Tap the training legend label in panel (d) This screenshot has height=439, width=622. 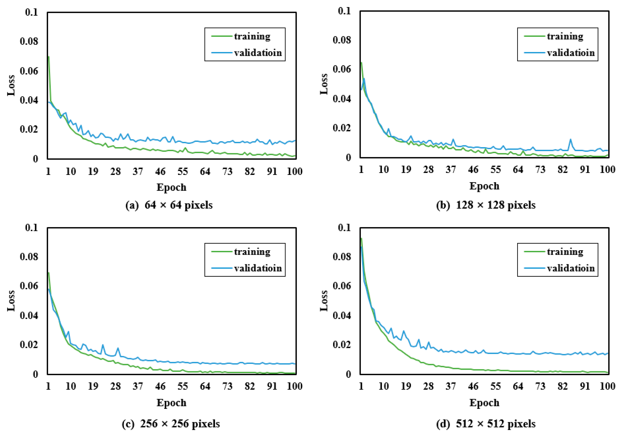tap(565, 252)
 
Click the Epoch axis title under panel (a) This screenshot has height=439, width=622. tap(172, 188)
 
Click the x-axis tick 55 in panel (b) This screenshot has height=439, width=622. tap(495, 170)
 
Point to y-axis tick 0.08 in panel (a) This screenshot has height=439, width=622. tap(29, 41)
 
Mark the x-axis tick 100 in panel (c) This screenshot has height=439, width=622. tap(295, 386)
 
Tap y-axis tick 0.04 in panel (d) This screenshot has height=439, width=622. tap(342, 316)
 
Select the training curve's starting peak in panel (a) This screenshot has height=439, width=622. tap(49, 57)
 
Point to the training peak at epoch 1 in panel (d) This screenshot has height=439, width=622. tap(361, 239)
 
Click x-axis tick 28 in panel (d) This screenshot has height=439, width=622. tap(428, 386)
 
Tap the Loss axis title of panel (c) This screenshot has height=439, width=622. tap(11, 301)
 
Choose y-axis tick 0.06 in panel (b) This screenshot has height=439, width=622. tap(342, 69)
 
